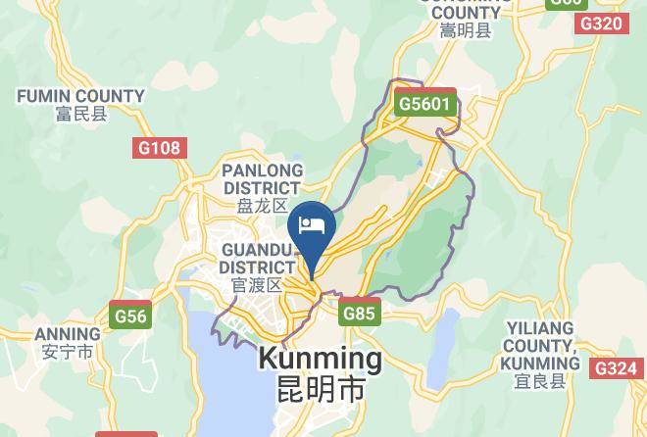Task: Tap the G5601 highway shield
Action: pyautogui.click(x=426, y=103)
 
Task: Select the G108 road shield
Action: pyautogui.click(x=158, y=148)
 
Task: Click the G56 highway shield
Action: pyautogui.click(x=130, y=316)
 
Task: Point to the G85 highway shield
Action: pyautogui.click(x=359, y=315)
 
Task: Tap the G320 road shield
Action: pyautogui.click(x=601, y=23)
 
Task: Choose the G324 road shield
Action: pyautogui.click(x=615, y=367)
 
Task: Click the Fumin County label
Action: pyautogui.click(x=80, y=96)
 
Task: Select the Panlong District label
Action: pyautogui.click(x=262, y=178)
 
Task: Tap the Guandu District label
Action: pyautogui.click(x=257, y=258)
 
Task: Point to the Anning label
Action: pyautogui.click(x=68, y=333)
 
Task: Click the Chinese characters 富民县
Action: pyautogui.click(x=80, y=114)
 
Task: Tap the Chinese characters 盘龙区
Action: pyautogui.click(x=262, y=206)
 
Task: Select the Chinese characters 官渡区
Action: pyautogui.click(x=257, y=285)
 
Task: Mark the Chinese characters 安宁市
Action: pyautogui.click(x=68, y=351)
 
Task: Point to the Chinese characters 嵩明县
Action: pyautogui.click(x=466, y=31)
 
